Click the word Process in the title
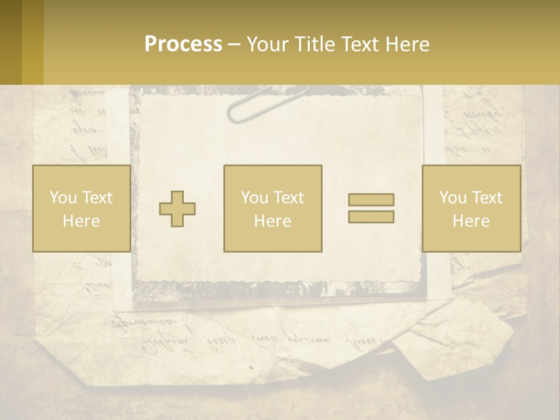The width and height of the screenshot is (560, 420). pos(183,44)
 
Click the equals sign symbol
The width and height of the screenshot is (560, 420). pos(371,208)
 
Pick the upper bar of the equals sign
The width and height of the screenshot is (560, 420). pos(371,199)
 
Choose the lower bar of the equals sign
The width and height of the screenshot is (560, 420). pos(371,216)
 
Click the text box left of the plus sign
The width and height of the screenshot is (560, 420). pos(81,208)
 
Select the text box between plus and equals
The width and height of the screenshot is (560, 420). pos(272,208)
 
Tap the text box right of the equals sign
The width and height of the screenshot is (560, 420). pos(471,208)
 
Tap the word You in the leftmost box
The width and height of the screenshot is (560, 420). pos(62,198)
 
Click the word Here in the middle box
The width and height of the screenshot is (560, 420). pos(272,220)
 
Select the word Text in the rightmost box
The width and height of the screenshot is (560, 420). pos(487,198)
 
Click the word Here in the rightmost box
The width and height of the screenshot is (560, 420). pos(471,220)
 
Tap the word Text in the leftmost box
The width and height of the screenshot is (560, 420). pos(96,198)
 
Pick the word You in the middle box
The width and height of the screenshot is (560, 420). pos(254,198)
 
